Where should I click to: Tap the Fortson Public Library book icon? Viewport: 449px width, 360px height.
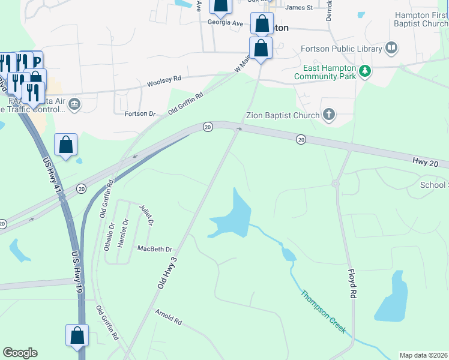tap(391, 47)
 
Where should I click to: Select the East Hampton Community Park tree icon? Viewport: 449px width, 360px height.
tap(364, 72)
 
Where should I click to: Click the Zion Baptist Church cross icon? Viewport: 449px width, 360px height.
tap(328, 114)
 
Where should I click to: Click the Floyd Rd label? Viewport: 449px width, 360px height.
tap(352, 284)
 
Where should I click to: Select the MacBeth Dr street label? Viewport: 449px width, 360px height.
tap(154, 248)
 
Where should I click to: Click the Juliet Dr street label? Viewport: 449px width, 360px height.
tap(146, 214)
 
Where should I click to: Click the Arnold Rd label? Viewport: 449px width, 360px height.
tap(168, 317)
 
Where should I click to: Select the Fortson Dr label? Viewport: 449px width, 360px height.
tap(140, 113)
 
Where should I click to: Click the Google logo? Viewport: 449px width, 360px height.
tap(20, 353)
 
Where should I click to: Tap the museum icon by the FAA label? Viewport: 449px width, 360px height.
tap(74, 104)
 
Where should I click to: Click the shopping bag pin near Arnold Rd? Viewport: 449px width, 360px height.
tap(77, 335)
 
